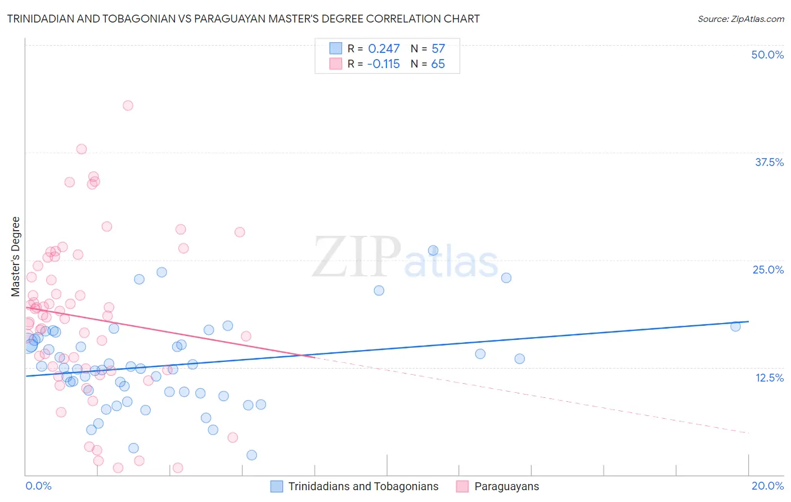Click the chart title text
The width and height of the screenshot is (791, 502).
(243, 19)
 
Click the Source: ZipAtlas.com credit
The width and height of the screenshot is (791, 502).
(740, 19)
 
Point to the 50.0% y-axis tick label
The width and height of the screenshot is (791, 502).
(767, 55)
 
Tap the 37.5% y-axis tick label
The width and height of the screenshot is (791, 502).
(769, 162)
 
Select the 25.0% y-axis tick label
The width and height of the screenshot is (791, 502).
(768, 270)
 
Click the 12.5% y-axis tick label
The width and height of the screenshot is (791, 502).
(769, 378)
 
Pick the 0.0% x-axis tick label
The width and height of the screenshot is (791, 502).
(38, 486)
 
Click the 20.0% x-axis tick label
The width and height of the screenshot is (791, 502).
(767, 486)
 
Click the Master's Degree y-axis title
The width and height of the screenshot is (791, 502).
(16, 256)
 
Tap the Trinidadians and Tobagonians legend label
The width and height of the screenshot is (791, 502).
(363, 486)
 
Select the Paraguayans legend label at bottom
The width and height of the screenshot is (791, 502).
(506, 486)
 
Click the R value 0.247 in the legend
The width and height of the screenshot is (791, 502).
(384, 49)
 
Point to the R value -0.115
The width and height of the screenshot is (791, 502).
(383, 64)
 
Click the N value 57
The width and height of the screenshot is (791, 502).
(438, 49)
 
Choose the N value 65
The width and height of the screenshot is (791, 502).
(438, 64)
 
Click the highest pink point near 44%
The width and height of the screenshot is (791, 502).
(128, 105)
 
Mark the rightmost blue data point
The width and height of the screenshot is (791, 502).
(735, 326)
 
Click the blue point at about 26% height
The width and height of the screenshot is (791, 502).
(433, 250)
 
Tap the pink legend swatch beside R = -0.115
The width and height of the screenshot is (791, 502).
(336, 64)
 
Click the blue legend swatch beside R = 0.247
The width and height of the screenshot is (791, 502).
(336, 48)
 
